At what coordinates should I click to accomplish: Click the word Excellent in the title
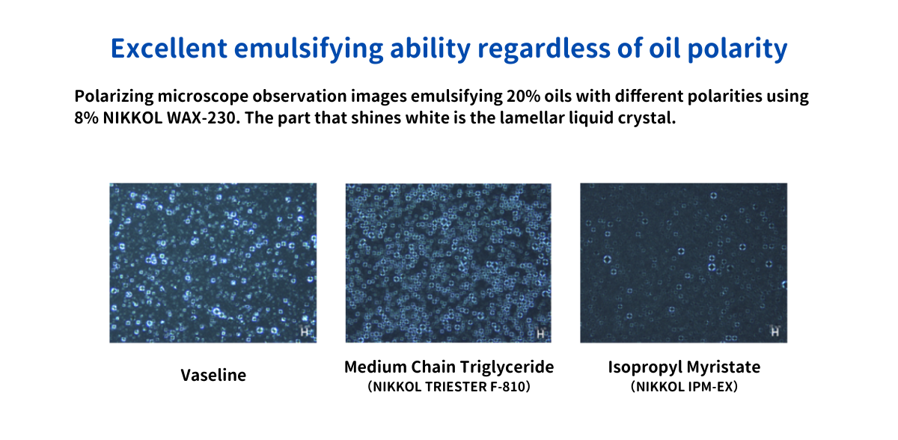[169, 48]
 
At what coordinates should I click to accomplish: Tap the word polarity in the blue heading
[738, 49]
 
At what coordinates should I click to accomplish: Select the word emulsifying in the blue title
[308, 49]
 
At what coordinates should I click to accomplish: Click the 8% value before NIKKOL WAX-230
[86, 117]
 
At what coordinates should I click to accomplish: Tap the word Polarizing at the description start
[114, 97]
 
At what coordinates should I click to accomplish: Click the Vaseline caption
[213, 375]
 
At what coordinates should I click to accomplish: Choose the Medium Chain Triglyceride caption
[449, 367]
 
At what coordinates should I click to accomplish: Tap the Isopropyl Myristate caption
[684, 367]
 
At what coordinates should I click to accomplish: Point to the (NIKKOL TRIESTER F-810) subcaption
[449, 387]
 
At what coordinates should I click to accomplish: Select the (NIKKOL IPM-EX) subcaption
[684, 387]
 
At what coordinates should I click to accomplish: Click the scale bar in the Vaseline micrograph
[305, 331]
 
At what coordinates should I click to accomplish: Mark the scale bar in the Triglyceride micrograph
[540, 334]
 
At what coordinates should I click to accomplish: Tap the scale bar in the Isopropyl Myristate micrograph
[775, 331]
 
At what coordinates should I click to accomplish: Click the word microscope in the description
[203, 97]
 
